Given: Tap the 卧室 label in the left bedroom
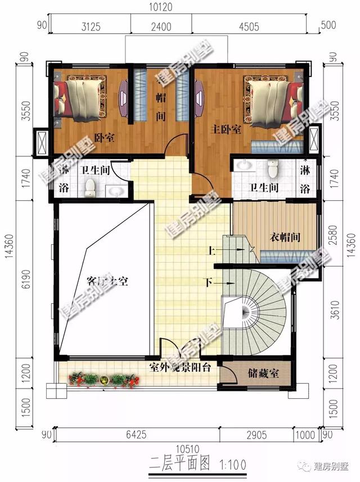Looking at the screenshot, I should (104, 137).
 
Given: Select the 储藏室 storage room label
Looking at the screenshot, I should (260, 373).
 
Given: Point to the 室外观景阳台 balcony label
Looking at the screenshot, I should (180, 368).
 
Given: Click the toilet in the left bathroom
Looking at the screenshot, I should (91, 190).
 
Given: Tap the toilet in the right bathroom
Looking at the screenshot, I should (273, 168).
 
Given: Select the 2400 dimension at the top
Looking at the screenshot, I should (161, 25).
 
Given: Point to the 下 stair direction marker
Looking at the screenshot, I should (209, 281).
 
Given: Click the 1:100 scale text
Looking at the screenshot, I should (232, 465).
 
